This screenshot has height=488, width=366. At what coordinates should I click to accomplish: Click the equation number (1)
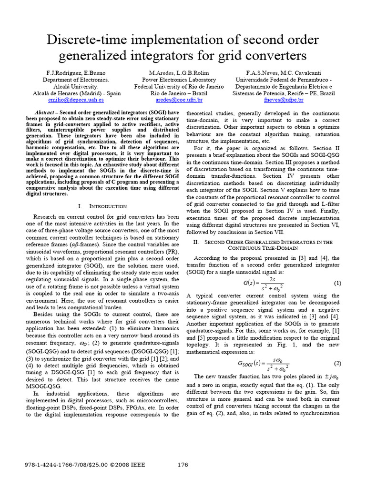[x=337, y=283]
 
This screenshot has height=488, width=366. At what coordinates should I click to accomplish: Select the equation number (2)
[x=337, y=363]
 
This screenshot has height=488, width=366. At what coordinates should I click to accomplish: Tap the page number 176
[x=183, y=464]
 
